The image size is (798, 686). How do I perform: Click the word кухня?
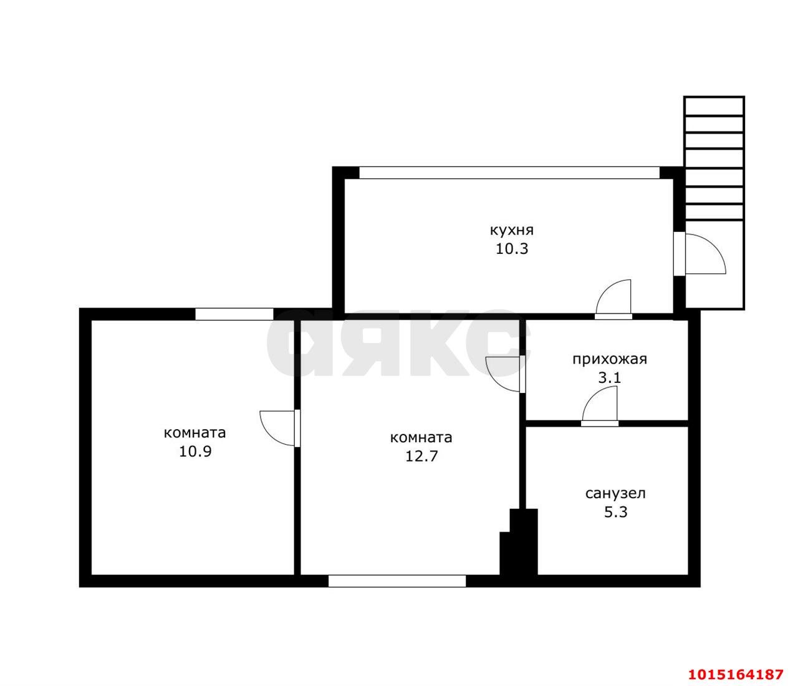(x=512, y=230)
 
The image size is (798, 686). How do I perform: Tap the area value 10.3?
(x=512, y=249)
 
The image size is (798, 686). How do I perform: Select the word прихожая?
(x=609, y=360)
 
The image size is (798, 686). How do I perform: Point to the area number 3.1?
(x=609, y=378)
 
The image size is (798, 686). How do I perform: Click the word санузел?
(x=615, y=494)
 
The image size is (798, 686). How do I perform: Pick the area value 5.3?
(x=615, y=512)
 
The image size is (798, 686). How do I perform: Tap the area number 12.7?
(x=421, y=457)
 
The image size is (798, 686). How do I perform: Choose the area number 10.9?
(x=195, y=452)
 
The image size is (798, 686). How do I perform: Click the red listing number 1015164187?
(x=736, y=664)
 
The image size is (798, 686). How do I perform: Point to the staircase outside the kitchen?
(x=714, y=203)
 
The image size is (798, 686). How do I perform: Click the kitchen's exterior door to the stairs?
(x=699, y=253)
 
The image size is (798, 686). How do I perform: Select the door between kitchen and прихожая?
(x=613, y=299)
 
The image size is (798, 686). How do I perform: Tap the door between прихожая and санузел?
(x=600, y=407)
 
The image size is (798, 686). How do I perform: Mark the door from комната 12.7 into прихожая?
(x=506, y=374)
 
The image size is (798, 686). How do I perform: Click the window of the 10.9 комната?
(x=234, y=314)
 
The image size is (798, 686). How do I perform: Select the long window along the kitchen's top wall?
(x=509, y=173)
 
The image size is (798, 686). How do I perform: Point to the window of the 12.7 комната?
(x=397, y=581)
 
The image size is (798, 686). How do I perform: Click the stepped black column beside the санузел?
(x=519, y=543)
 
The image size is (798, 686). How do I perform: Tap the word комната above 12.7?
(x=421, y=438)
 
